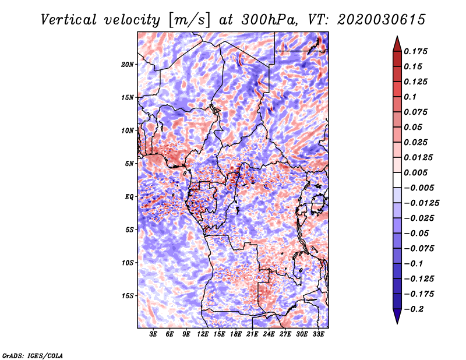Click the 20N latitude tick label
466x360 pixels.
pos(128,65)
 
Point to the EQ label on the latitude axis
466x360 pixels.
pos(129,197)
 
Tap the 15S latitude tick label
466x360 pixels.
pos(128,296)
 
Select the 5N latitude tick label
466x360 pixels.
pos(129,164)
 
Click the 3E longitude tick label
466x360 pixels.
pos(153,334)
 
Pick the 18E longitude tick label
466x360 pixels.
pos(236,334)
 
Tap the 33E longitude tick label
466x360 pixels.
pos(318,334)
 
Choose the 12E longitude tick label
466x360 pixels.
pos(203,334)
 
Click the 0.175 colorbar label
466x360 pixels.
pos(415,51)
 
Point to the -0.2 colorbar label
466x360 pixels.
pos(413,309)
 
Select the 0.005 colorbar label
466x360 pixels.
pos(415,172)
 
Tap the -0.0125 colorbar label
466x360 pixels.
pos(421,203)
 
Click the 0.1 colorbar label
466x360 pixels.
pos(410,97)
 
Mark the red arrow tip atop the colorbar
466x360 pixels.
pos(397,36)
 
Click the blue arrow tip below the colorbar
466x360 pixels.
pos(397,323)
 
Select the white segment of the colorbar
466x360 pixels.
pos(397,180)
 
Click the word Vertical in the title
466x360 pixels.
pos(69,20)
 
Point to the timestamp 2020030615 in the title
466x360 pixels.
pos(382,20)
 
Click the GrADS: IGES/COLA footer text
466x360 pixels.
pos(33,356)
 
